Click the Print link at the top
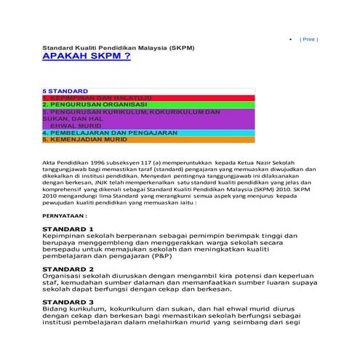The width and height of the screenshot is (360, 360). coord(308,39)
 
